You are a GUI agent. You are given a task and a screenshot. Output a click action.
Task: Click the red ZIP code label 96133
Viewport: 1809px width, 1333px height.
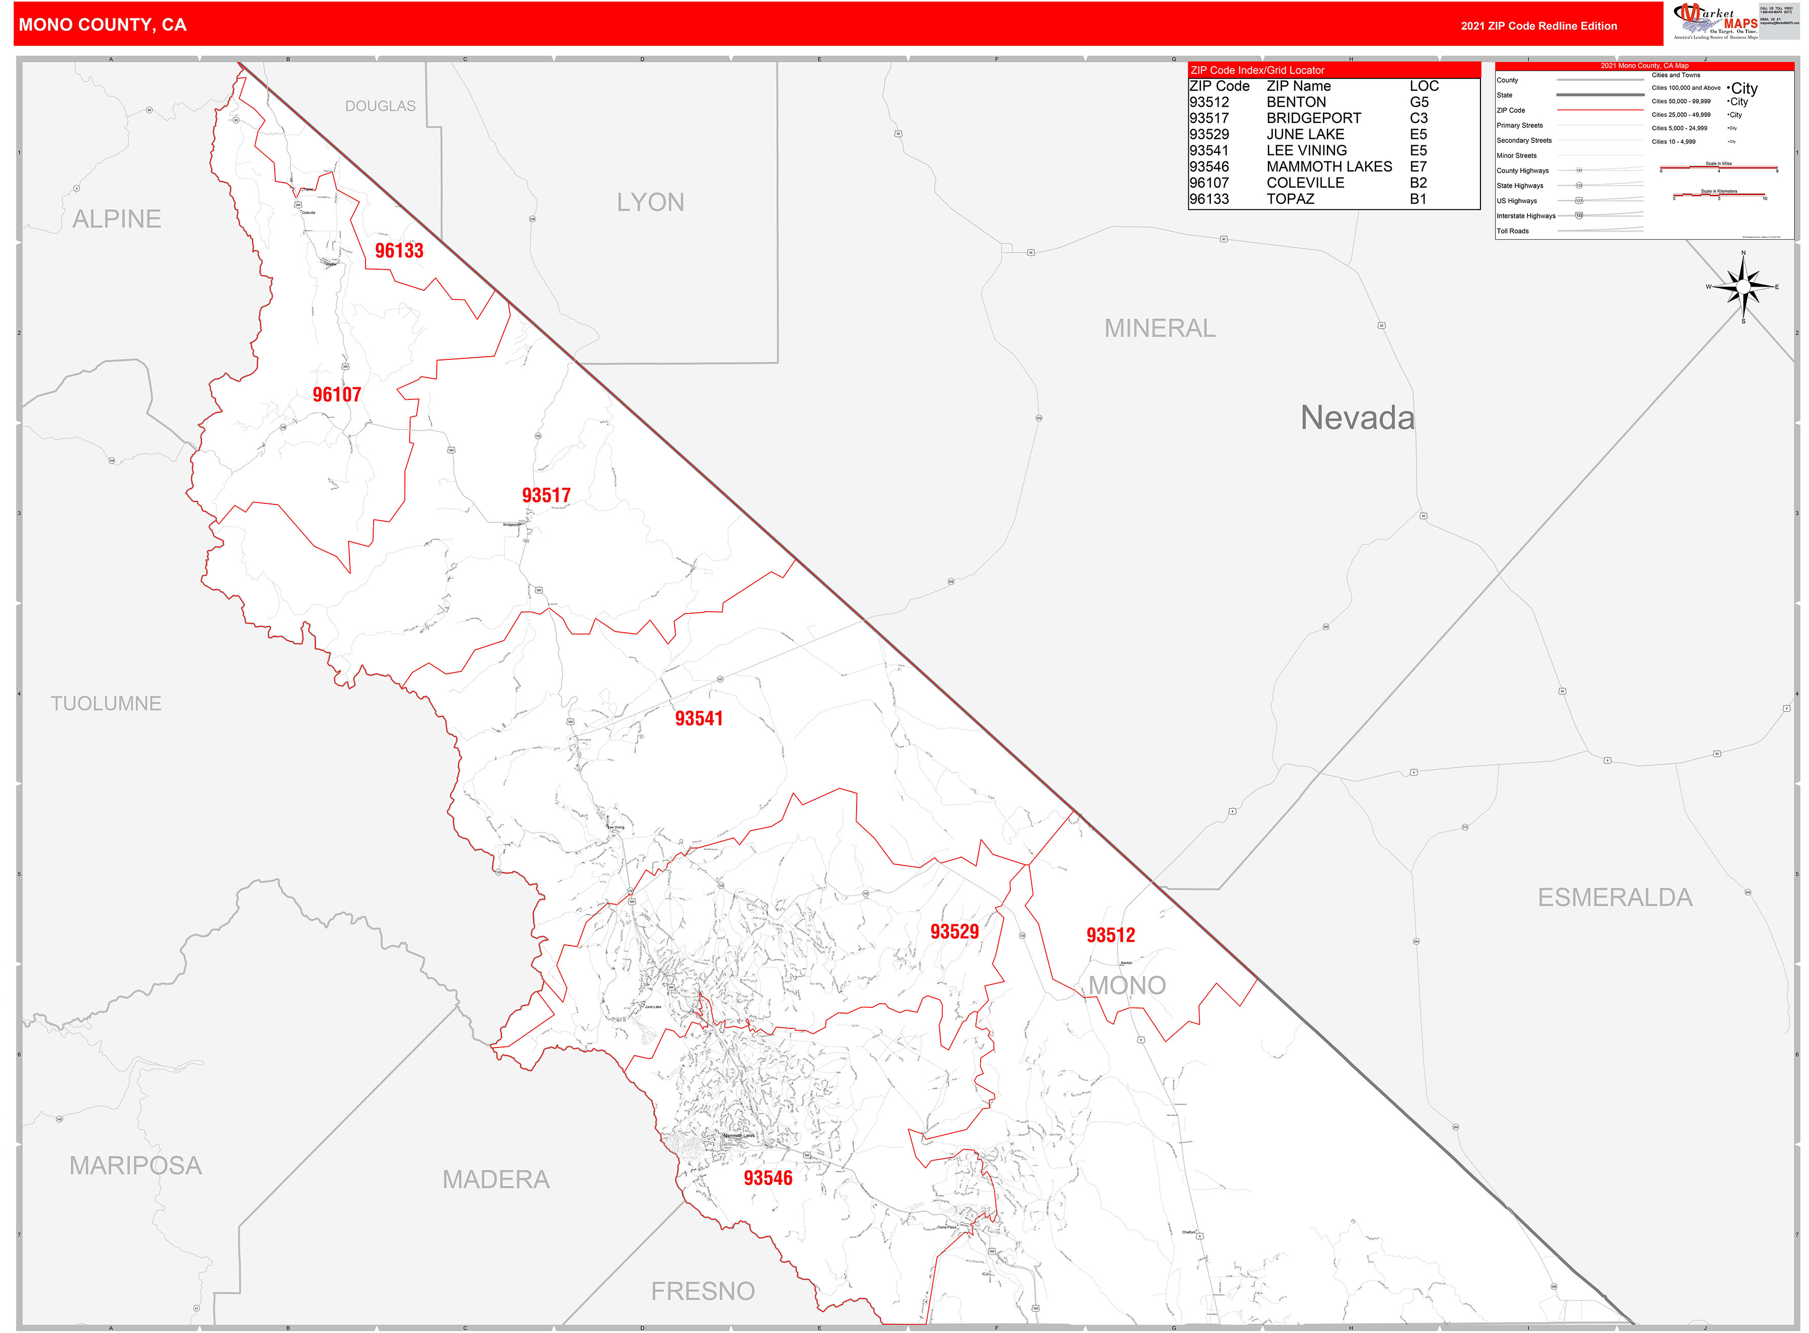coord(399,251)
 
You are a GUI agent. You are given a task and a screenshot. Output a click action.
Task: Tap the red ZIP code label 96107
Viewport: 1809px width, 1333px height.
coord(336,395)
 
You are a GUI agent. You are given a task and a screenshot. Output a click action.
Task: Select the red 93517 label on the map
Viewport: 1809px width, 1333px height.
coord(546,495)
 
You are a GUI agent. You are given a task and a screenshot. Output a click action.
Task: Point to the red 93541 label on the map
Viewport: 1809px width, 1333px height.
coord(699,719)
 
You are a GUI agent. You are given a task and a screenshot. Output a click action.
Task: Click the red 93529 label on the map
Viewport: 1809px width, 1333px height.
coord(954,932)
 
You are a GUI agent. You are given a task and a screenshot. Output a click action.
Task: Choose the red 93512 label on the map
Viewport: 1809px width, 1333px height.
coord(1110,935)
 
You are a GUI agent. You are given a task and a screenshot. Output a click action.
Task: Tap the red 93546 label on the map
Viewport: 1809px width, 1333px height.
coord(768,1178)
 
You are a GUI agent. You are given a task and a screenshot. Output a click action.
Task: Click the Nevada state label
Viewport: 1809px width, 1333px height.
coord(1357,418)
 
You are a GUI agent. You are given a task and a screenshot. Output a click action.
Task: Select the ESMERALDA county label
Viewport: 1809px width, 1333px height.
coord(1615,897)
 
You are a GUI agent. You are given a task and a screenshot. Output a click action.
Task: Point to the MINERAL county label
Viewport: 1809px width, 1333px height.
coord(1160,329)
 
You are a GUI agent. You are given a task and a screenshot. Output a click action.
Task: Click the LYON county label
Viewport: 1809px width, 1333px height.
coord(651,203)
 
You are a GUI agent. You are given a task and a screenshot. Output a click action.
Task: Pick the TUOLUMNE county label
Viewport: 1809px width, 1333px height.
coord(106,703)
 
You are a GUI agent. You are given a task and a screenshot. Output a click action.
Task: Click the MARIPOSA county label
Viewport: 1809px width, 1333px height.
coord(135,1165)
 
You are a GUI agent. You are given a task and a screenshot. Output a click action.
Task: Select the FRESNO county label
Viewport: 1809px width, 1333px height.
coord(703,1291)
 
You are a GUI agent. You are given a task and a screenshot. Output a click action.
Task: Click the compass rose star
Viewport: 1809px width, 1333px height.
coord(1743,287)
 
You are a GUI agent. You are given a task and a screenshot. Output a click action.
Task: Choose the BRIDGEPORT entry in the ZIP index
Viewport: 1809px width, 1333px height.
coord(1314,118)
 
